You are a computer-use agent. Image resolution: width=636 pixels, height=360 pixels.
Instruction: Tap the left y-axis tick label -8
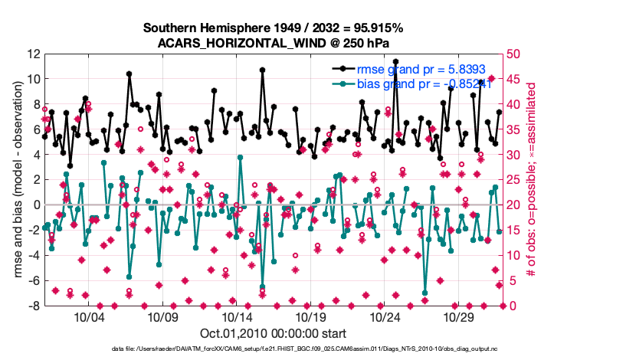click(33, 306)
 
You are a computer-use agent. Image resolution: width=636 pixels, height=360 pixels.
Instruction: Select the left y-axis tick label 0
click(36, 205)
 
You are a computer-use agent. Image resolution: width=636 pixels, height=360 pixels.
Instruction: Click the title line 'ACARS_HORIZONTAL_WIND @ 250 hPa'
click(274, 42)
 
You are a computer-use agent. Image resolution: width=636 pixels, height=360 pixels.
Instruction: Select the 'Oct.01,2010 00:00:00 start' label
click(274, 333)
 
